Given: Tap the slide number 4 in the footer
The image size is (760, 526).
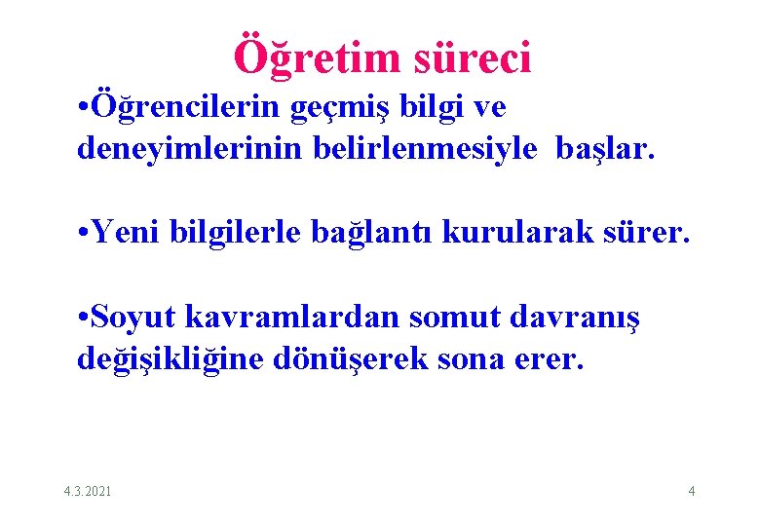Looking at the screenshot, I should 692,491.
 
